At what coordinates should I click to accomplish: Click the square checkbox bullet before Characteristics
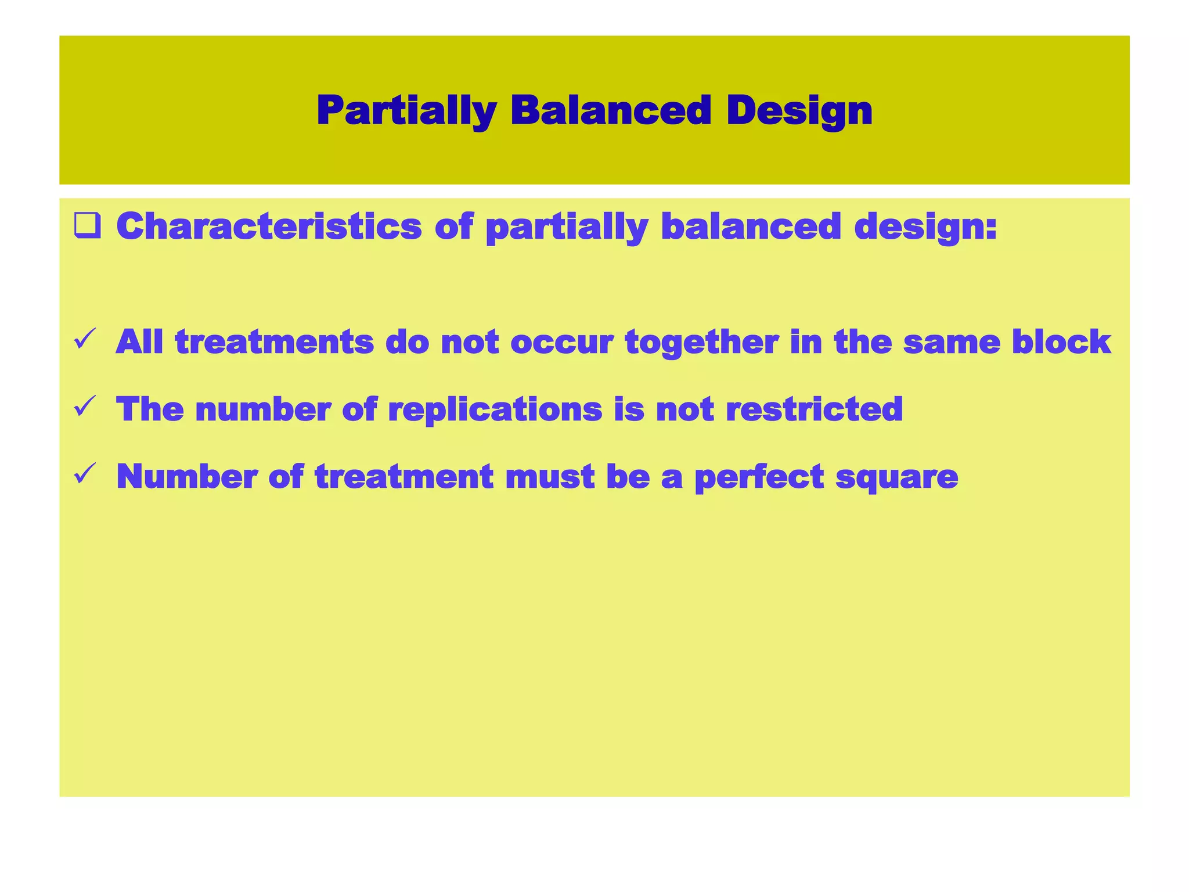coord(87,226)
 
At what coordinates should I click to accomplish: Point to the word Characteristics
coord(269,226)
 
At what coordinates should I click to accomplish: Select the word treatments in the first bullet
coord(274,341)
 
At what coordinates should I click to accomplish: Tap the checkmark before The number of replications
coord(85,407)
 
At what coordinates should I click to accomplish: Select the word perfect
coord(759,477)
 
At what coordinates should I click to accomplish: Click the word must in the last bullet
coord(549,476)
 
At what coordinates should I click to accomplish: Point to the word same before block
coord(952,341)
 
